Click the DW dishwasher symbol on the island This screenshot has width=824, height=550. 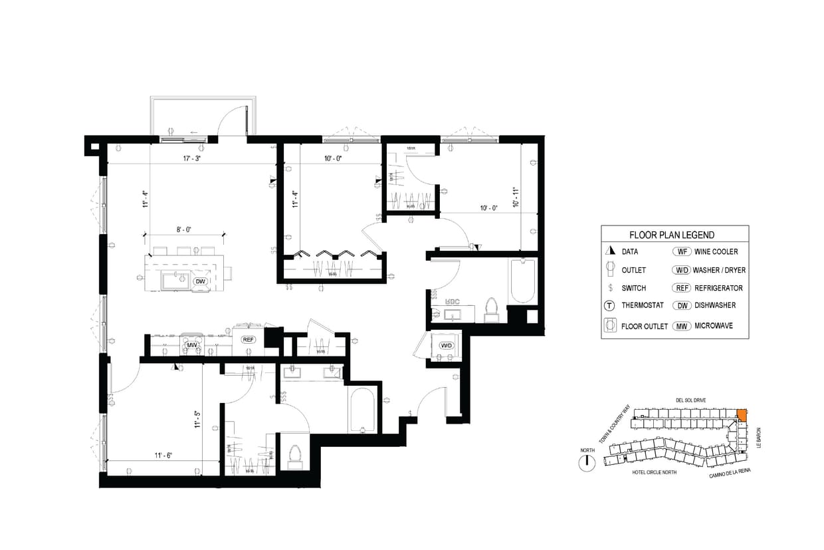(199, 282)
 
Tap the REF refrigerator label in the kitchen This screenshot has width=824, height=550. (248, 339)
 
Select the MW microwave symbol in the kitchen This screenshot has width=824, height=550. (192, 345)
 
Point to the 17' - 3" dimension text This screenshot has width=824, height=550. (192, 159)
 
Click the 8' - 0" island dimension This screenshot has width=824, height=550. (183, 230)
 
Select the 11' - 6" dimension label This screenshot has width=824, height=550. (163, 456)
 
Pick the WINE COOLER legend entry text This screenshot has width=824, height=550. (716, 252)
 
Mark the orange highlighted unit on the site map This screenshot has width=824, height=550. (742, 414)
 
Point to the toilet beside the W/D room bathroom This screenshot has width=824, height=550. (492, 309)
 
